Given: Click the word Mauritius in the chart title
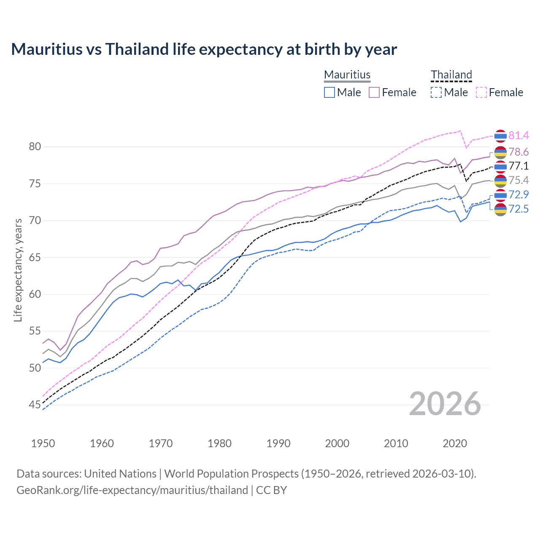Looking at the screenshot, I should [47, 49].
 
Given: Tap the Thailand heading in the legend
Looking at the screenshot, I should [451, 75].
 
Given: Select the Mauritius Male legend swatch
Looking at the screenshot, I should [329, 92].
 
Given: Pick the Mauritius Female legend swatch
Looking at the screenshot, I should [374, 92].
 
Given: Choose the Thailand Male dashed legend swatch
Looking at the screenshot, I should [436, 92].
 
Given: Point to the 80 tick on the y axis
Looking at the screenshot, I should [35, 147].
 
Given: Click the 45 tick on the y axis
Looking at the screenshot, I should [35, 405].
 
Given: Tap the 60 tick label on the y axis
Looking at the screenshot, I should [35, 294].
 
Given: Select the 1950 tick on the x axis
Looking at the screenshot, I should [43, 443].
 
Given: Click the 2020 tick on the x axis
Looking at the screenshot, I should [455, 443].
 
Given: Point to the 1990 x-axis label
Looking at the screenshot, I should [278, 443].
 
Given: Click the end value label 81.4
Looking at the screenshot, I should [518, 135].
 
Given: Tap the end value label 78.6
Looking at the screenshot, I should [518, 152].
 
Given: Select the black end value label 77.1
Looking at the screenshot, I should [518, 166].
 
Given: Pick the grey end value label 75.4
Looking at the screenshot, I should [518, 181].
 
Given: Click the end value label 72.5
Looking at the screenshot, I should [518, 209].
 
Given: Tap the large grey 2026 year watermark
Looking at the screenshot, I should [445, 404].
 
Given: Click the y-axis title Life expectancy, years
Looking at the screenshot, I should [18, 270].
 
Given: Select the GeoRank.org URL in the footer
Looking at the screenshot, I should [132, 490].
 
